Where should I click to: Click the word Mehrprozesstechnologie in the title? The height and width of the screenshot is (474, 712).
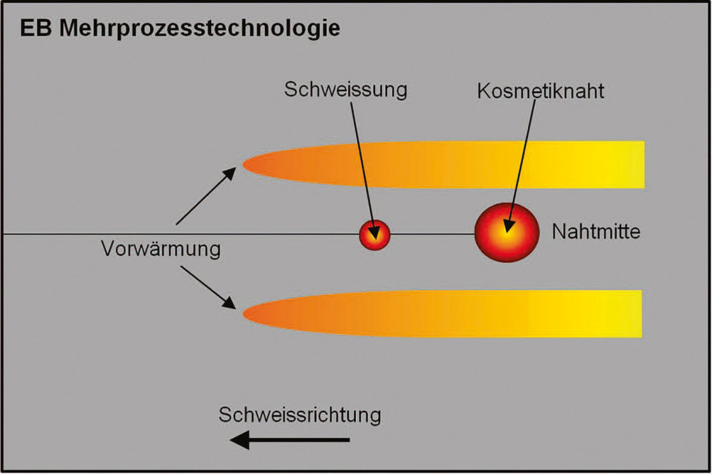200,29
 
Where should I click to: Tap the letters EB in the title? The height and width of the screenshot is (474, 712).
37,28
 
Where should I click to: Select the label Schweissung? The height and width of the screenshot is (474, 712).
345,89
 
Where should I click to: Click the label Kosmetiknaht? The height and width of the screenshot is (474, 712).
541,90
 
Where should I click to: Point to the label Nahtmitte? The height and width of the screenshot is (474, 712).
596,232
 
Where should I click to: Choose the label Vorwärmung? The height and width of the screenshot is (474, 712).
161,249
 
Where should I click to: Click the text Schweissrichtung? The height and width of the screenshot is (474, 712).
300,415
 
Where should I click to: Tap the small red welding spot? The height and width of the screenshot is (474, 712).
375,235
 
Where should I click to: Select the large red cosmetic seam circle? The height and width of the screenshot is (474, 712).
506,232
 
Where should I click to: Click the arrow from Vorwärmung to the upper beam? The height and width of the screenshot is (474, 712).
206,196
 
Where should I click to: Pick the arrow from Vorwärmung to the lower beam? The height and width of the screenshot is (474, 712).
206,288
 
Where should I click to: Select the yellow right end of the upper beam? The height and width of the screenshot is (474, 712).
629,165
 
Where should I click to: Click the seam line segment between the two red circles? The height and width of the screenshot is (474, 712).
433,235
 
